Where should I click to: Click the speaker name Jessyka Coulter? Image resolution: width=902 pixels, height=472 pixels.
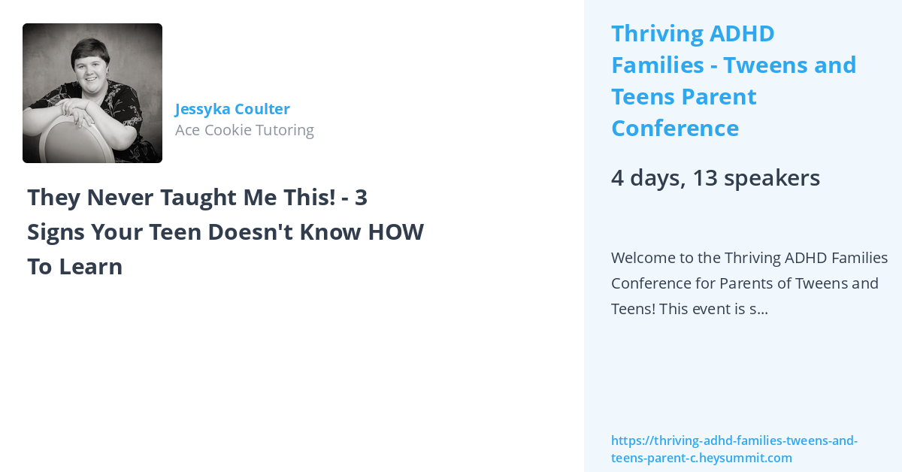pyautogui.click(x=232, y=109)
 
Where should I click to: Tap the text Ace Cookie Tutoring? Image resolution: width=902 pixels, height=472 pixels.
pyautogui.click(x=244, y=130)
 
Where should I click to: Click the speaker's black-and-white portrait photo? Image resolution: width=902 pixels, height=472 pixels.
pyautogui.click(x=92, y=93)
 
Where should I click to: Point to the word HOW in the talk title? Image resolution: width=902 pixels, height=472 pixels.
pyautogui.click(x=396, y=232)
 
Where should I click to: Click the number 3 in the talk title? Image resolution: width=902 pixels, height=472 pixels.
pyautogui.click(x=362, y=198)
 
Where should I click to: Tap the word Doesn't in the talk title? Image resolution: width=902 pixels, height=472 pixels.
pyautogui.click(x=250, y=232)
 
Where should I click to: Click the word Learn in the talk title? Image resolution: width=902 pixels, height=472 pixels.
pyautogui.click(x=91, y=267)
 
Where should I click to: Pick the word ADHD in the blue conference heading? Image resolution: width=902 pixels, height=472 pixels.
pyautogui.click(x=742, y=33)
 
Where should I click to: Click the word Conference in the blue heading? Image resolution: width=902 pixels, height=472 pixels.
pyautogui.click(x=675, y=129)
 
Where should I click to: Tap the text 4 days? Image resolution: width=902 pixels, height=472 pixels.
pyautogui.click(x=649, y=178)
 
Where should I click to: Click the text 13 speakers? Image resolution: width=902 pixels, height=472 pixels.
pyautogui.click(x=756, y=178)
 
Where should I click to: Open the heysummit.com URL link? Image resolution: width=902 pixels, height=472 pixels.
pyautogui.click(x=734, y=449)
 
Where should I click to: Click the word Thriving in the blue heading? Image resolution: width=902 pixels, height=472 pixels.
pyautogui.click(x=658, y=33)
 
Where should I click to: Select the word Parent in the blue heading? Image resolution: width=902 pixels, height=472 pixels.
pyautogui.click(x=719, y=97)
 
